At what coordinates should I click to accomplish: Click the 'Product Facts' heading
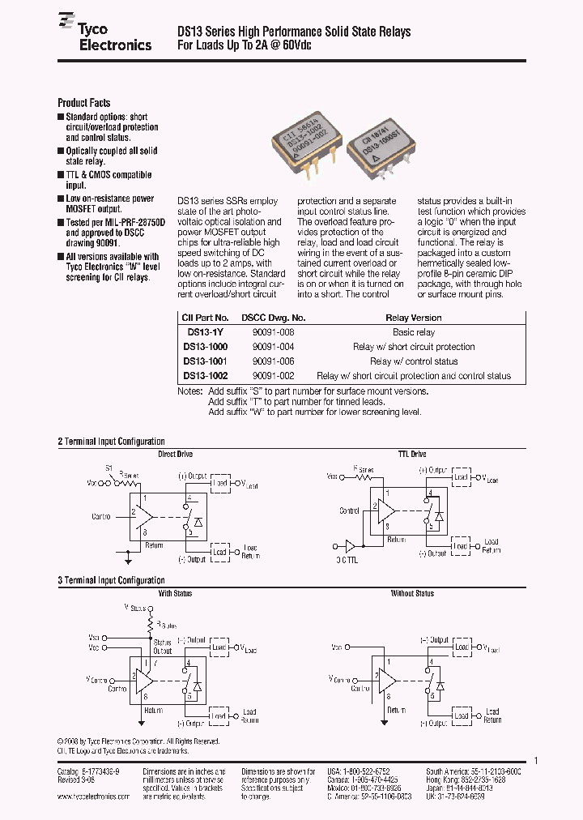(x=83, y=103)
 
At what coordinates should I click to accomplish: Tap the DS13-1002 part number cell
(x=206, y=376)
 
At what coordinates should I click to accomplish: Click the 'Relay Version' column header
(x=413, y=318)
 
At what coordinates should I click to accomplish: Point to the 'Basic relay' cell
(x=413, y=332)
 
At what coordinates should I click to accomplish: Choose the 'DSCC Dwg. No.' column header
(x=275, y=318)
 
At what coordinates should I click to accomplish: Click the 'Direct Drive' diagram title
(x=175, y=455)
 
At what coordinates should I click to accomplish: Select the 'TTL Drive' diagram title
(x=412, y=455)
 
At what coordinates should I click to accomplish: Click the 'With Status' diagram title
(x=175, y=594)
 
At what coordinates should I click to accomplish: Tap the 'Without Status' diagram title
(x=412, y=594)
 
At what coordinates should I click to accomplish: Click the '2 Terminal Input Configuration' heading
(x=111, y=442)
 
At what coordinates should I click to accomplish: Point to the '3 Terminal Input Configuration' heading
(x=111, y=581)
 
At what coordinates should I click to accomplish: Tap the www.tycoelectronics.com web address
(x=93, y=797)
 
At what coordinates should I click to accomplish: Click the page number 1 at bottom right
(x=536, y=761)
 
